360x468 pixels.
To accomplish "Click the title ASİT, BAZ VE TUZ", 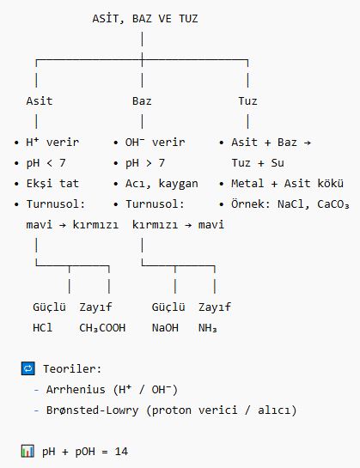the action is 145,19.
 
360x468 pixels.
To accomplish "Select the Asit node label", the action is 40,100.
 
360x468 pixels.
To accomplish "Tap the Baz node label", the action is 142,100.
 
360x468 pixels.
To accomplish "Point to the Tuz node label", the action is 247,100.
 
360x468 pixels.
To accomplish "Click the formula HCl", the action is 42,328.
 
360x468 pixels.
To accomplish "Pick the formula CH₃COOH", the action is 102,328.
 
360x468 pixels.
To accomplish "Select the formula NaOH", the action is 165,328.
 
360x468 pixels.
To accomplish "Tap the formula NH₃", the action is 208,328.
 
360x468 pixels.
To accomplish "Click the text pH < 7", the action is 46,163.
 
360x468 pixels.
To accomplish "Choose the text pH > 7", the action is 145,163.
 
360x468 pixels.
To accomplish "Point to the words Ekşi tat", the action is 52,183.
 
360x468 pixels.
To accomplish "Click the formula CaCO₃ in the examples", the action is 333,204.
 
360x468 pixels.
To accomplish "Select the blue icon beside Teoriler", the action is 28,368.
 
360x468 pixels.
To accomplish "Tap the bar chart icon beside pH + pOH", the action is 27,451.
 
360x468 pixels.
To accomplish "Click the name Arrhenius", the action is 76,390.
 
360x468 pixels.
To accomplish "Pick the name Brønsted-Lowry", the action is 92,410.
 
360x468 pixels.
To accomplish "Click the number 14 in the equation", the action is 121,452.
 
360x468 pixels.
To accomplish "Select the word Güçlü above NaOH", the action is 168,307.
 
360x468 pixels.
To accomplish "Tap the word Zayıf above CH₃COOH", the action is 95,307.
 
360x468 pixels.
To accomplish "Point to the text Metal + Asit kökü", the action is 288,183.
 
